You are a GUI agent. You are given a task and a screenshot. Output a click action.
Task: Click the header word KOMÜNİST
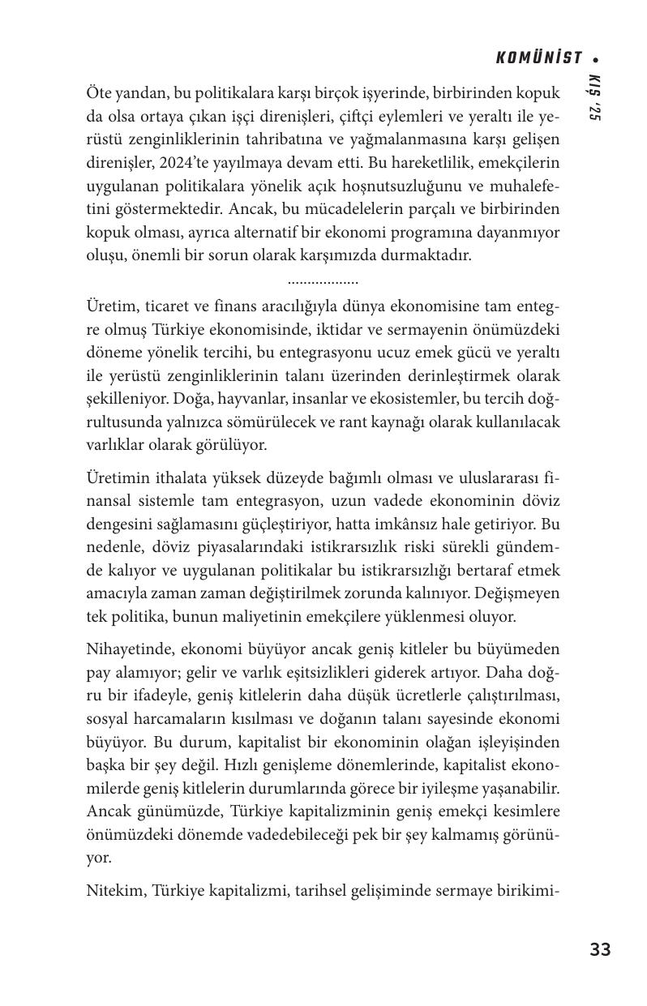coord(539,58)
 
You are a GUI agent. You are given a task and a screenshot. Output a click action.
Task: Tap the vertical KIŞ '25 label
coord(594,98)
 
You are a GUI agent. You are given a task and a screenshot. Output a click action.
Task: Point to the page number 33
coord(600,949)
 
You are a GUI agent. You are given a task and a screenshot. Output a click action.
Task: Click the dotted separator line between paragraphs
coord(323,282)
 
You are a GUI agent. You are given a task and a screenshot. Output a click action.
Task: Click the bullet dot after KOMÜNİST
coord(597,59)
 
